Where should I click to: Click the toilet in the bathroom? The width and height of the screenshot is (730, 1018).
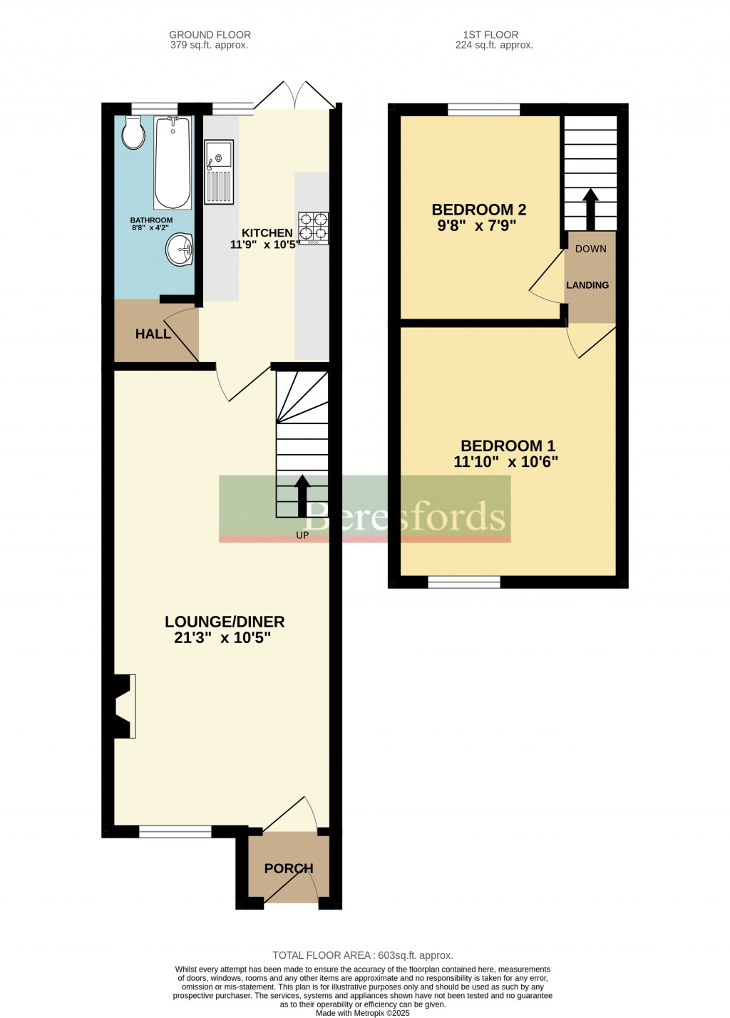tap(133, 133)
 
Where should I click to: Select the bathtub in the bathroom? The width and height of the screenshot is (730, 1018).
tap(173, 163)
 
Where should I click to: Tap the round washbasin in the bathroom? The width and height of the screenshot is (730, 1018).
tap(180, 250)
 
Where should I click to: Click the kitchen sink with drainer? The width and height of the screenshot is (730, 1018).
tap(219, 172)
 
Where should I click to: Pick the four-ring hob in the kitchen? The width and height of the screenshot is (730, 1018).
tap(314, 227)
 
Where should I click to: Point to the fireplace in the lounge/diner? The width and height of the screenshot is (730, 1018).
tap(122, 706)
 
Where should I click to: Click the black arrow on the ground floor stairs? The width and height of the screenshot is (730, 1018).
tap(302, 495)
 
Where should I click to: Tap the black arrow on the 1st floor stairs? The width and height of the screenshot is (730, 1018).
tap(590, 207)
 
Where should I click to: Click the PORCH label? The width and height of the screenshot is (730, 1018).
tap(289, 868)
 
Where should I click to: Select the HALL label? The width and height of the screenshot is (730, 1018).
tap(153, 334)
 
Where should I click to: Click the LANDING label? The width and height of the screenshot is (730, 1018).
tap(587, 285)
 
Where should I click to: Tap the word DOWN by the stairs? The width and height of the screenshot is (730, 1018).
tap(590, 249)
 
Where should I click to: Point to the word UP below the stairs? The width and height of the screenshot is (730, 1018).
tap(302, 535)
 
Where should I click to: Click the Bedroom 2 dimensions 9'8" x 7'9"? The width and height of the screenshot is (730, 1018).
tap(477, 226)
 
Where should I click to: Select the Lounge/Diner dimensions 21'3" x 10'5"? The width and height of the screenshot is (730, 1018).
tap(222, 638)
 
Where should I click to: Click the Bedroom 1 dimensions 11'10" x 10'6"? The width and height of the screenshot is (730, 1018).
tap(505, 462)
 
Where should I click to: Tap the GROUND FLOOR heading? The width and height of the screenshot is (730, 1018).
tap(210, 34)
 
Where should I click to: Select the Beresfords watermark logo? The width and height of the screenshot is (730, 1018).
tap(364, 508)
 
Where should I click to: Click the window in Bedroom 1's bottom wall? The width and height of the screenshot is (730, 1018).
tap(464, 582)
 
